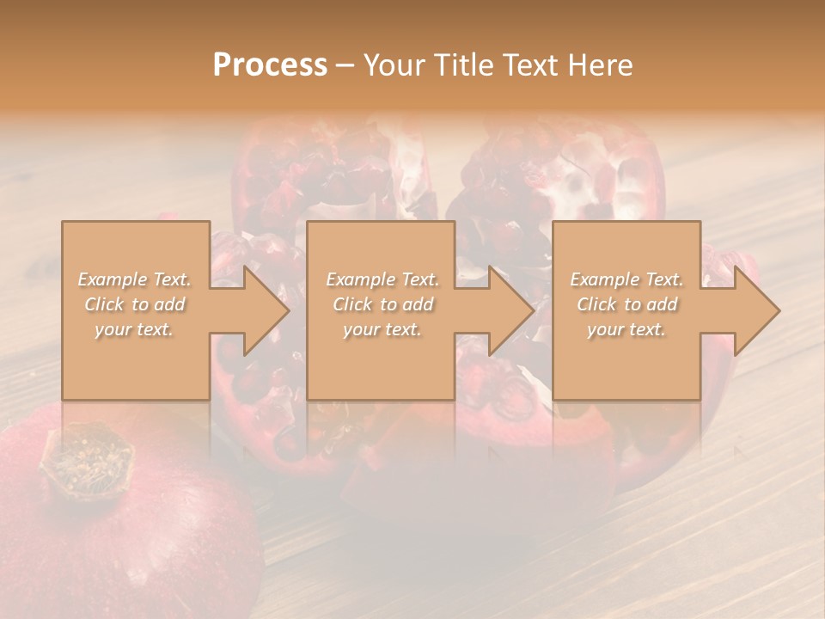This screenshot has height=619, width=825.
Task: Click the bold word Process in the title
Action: click(x=270, y=65)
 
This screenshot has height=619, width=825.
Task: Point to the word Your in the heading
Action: click(x=394, y=65)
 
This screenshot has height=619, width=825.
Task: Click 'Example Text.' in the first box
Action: click(x=135, y=279)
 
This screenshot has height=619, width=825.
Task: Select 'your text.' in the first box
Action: click(x=135, y=328)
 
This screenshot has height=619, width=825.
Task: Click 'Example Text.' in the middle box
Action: click(x=382, y=279)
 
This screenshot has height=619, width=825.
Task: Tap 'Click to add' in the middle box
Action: click(x=382, y=304)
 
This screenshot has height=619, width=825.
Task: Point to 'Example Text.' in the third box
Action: click(x=626, y=279)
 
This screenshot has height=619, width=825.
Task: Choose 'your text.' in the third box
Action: click(x=626, y=329)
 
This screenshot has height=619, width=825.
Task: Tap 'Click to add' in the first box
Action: click(x=135, y=304)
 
